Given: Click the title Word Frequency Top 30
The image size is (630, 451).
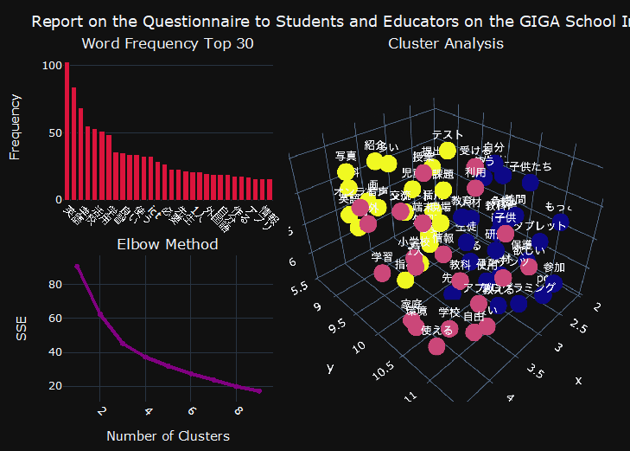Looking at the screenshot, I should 168,43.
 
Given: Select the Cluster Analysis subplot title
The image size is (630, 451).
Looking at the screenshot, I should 446,43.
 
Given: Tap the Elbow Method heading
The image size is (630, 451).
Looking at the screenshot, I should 168,245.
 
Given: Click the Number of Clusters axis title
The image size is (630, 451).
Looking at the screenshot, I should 168,435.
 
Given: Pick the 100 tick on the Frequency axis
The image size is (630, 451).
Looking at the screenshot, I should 49,65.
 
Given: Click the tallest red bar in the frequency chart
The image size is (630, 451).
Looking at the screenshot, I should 67,131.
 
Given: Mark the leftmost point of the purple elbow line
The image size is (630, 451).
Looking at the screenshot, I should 77,267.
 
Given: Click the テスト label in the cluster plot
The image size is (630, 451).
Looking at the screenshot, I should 448,135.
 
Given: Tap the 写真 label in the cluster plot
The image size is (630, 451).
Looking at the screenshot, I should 346,156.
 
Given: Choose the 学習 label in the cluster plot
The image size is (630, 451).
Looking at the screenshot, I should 381,257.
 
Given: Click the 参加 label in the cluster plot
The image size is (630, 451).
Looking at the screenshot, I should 554,267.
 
